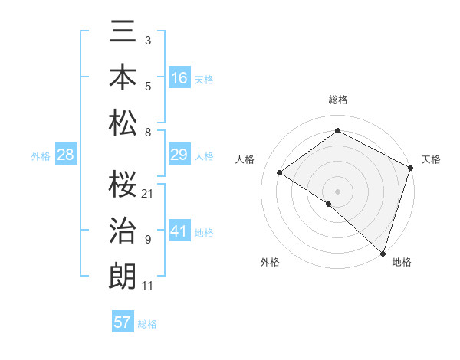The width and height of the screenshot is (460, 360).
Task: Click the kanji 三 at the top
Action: point(123,34)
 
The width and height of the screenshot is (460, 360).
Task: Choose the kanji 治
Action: point(123,230)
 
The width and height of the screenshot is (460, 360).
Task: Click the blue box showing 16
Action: point(179,77)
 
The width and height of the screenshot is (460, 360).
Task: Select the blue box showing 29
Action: point(179,155)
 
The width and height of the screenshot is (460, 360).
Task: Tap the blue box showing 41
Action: point(179,231)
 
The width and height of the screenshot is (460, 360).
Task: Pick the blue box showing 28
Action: point(65,155)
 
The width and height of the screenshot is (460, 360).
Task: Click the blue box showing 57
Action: point(123,322)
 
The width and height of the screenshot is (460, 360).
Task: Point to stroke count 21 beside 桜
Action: point(148,193)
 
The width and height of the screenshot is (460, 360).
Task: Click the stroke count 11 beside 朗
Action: point(148,286)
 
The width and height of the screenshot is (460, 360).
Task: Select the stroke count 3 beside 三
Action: point(148,39)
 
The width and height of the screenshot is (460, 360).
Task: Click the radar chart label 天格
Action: point(431,159)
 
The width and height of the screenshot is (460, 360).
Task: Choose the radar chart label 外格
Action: point(270,262)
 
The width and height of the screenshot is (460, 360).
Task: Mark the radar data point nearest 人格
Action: point(280,173)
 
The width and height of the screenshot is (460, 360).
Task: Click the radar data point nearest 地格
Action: point(382,252)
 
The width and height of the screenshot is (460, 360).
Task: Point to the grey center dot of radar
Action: point(337,191)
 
